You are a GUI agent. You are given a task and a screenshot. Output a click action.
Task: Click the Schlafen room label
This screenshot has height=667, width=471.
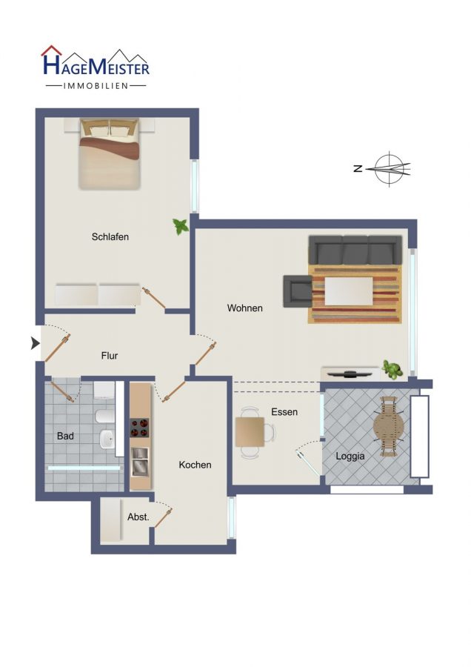click(x=110, y=237)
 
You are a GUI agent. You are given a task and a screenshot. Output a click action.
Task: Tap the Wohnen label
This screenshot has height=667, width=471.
click(x=244, y=308)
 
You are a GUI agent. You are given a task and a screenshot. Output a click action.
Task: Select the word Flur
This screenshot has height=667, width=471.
click(x=110, y=356)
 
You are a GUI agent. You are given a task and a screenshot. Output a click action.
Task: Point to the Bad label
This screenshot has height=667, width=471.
click(x=65, y=436)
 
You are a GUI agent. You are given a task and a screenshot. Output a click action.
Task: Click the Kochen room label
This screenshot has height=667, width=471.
click(x=195, y=465)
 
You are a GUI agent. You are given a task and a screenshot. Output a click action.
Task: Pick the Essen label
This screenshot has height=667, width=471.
click(x=284, y=412)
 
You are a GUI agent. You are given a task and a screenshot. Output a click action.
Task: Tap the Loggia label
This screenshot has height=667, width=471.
click(x=350, y=457)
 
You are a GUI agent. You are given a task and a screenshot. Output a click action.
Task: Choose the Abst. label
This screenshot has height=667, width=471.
click(x=138, y=517)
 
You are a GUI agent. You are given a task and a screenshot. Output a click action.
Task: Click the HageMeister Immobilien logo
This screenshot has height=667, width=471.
click(x=96, y=67)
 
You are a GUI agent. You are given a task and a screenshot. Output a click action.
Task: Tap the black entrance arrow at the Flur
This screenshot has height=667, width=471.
click(x=36, y=343)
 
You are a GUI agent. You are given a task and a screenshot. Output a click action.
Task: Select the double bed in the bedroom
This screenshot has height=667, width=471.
click(x=110, y=154)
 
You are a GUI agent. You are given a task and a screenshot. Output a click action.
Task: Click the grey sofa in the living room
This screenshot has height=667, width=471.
click(x=355, y=250)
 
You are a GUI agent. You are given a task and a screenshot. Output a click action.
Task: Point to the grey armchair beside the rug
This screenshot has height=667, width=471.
click(x=298, y=291)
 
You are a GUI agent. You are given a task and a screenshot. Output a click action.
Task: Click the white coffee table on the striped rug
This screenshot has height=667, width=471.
click(x=349, y=291)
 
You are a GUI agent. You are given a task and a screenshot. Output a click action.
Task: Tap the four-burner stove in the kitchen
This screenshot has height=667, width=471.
click(x=140, y=428)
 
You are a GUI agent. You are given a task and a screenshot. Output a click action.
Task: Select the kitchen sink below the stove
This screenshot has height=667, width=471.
click(x=140, y=462)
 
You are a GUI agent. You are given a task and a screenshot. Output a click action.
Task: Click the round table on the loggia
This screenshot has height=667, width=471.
click(x=389, y=426)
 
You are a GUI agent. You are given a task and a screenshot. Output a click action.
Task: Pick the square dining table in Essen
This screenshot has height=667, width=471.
click(x=250, y=432)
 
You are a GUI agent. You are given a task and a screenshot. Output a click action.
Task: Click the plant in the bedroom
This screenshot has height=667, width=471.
click(x=181, y=226)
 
